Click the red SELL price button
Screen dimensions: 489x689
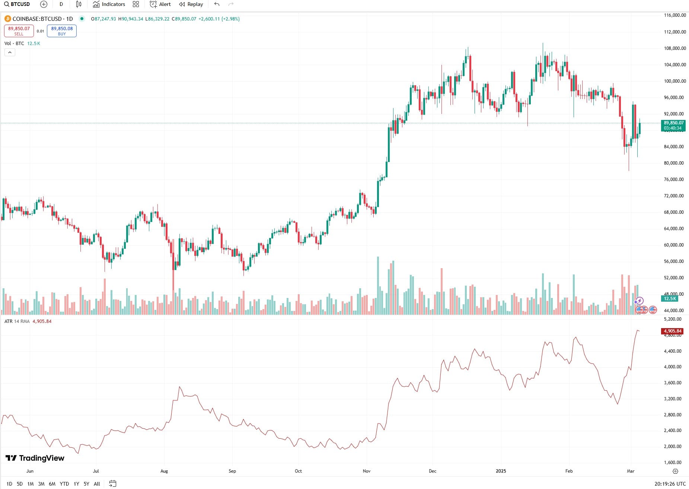pos(19,31)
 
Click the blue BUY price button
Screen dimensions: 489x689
pos(62,31)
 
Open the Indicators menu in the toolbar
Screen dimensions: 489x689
pos(109,4)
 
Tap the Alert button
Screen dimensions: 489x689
pos(160,4)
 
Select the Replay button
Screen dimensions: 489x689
pos(191,4)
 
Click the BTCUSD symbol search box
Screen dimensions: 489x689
pos(17,4)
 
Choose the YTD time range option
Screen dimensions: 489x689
pos(64,484)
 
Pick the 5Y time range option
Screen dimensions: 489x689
pos(86,484)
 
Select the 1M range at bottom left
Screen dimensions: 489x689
pos(31,484)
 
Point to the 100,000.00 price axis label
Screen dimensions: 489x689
pos(675,81)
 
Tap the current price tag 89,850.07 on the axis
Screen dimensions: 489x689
pos(674,123)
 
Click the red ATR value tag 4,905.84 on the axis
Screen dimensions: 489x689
pos(672,331)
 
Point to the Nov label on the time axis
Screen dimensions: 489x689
pos(367,471)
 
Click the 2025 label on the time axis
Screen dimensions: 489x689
pos(501,471)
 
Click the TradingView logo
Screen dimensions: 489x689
pos(35,458)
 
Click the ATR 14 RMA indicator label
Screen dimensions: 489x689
pos(17,321)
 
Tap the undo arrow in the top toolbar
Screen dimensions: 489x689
pos(217,4)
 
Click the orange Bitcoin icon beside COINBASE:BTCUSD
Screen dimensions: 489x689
pos(7,19)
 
